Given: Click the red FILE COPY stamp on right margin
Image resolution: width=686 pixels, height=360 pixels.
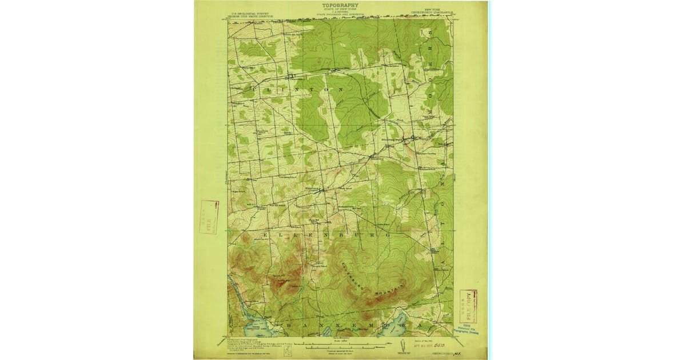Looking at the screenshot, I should coord(468,306).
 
